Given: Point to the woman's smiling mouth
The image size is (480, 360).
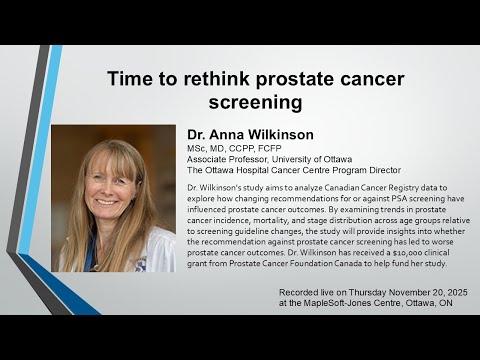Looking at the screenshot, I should click(107, 199).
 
